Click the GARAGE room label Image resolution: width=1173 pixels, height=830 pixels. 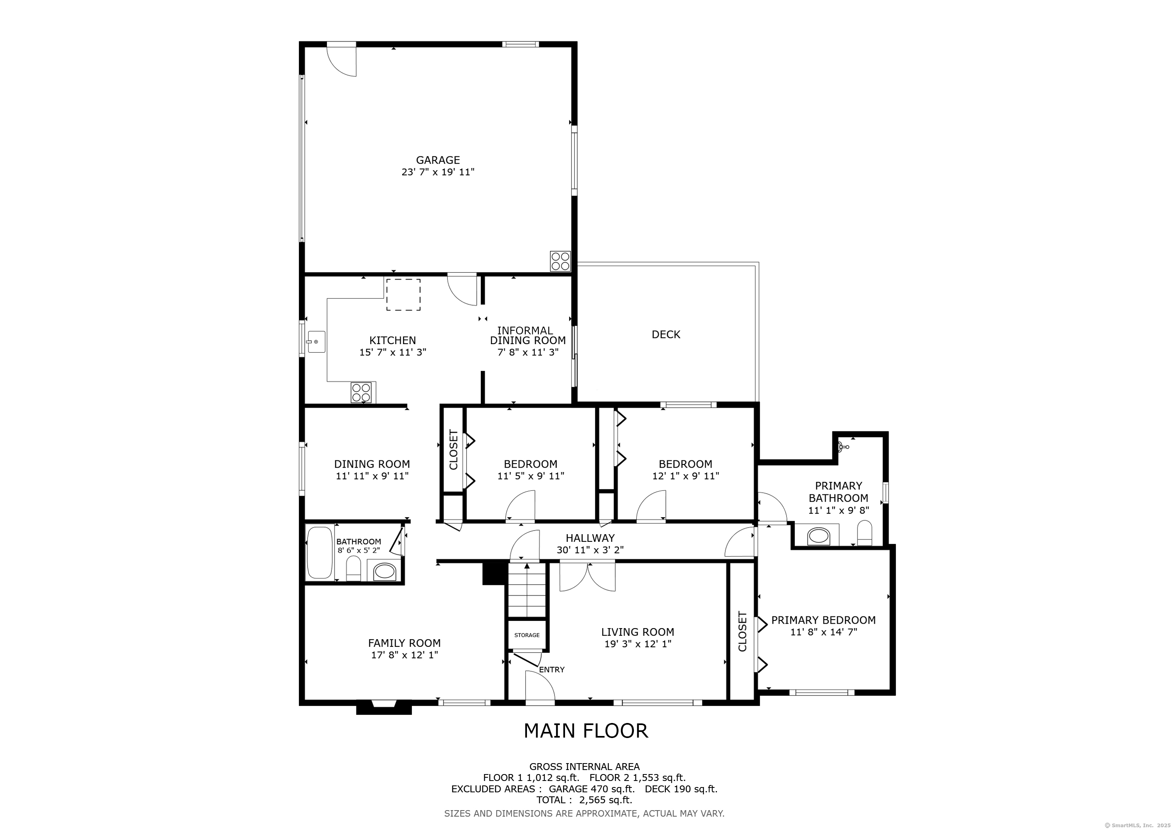(438, 160)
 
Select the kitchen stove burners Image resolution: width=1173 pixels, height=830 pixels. (361, 393)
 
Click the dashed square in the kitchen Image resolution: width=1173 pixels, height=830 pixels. (403, 295)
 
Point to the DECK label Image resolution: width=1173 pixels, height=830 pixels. (666, 334)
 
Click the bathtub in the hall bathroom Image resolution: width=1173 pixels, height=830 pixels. (320, 553)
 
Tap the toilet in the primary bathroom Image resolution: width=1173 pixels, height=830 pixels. (864, 534)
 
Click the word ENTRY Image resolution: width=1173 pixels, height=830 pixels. (552, 670)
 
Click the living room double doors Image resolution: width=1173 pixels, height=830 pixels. (588, 577)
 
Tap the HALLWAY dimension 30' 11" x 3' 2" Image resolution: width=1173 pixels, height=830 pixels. (590, 550)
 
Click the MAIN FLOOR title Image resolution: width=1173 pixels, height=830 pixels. (586, 731)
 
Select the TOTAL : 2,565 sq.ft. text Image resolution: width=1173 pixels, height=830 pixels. (584, 800)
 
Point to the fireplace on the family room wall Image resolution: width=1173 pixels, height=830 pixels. (384, 707)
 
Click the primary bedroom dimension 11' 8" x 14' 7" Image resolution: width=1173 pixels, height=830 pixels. (823, 632)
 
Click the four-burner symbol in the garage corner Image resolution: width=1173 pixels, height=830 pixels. (560, 261)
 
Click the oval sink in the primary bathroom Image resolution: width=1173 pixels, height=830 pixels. (819, 536)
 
